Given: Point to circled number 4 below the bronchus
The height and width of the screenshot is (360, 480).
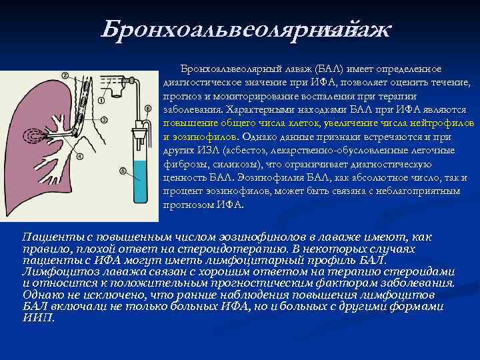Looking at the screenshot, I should pos(80,157).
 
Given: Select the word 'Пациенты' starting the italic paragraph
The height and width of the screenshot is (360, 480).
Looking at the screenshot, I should pos(46,237).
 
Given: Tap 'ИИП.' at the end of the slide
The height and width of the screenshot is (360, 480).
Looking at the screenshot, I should pos(39,317).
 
